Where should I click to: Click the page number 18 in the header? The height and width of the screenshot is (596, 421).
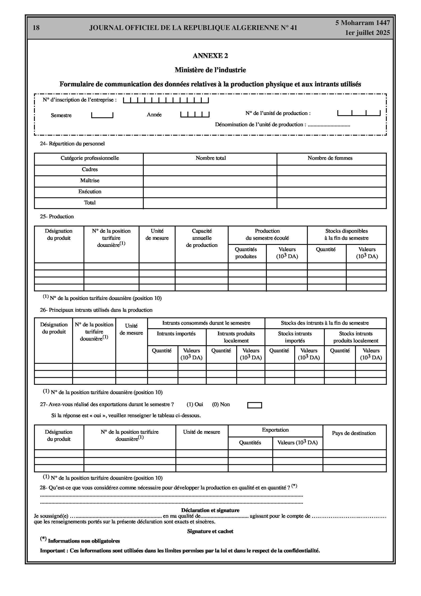tap(36, 28)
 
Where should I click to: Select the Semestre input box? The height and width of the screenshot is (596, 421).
tap(102, 115)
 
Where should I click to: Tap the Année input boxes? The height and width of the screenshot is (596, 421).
tap(195, 114)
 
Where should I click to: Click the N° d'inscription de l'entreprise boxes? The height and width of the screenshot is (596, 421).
tap(166, 100)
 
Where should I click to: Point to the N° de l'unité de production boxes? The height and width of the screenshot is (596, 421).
tap(359, 113)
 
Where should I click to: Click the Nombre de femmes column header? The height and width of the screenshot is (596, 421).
tap(330, 158)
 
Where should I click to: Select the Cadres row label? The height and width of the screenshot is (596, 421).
tap(90, 169)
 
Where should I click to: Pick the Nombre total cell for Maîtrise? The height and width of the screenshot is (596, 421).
tap(210, 181)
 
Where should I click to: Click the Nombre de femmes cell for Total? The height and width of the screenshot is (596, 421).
tap(331, 203)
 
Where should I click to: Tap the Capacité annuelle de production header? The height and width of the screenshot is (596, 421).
tap(202, 238)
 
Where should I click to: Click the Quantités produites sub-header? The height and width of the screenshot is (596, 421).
tap(246, 253)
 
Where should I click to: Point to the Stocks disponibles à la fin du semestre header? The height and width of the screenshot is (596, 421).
tap(346, 234)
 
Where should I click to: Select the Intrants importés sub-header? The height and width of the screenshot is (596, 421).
tap(176, 334)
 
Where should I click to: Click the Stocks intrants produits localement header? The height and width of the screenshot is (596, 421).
tap(356, 337)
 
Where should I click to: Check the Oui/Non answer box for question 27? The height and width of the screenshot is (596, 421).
tap(255, 405)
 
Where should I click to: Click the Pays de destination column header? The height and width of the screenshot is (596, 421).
tap(354, 433)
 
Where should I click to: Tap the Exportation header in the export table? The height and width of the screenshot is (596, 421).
tap(275, 430)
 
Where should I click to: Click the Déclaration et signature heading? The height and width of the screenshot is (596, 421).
tap(210, 510)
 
